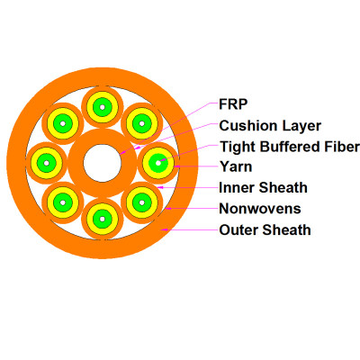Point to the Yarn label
pyautogui.click(x=236, y=166)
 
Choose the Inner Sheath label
pyautogui.click(x=264, y=188)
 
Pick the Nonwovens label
pyautogui.click(x=260, y=209)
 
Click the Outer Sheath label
pyautogui.click(x=265, y=229)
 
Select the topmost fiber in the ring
pyautogui.click(x=102, y=107)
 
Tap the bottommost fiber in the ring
pyautogui.click(x=102, y=219)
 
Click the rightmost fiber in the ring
pyautogui.click(x=159, y=163)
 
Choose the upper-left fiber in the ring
pyautogui.click(x=62, y=122)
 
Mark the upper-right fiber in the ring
pyautogui.click(x=142, y=122)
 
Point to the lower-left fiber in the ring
pyautogui.click(x=62, y=202)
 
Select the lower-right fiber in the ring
pyautogui.click(x=142, y=202)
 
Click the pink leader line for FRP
pyautogui.click(x=171, y=126)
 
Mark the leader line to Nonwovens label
pyautogui.click(x=193, y=209)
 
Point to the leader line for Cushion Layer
pyautogui.click(x=180, y=133)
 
